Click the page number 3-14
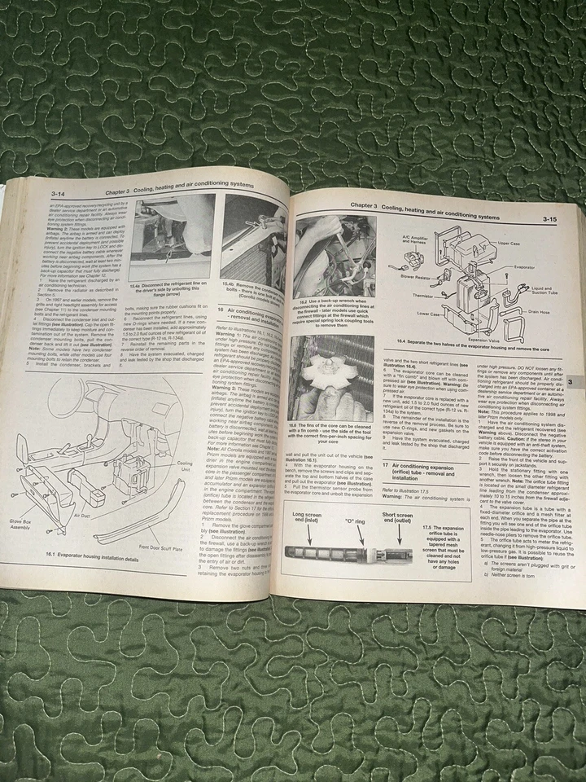(x=59, y=193)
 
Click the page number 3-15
(x=554, y=219)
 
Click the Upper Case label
(x=509, y=243)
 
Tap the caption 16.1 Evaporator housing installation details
(x=94, y=561)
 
